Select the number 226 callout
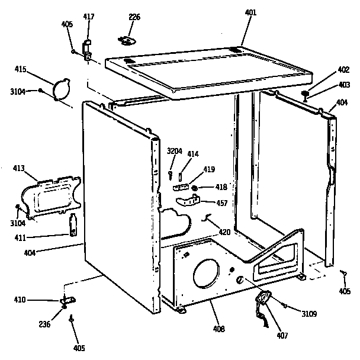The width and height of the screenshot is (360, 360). tap(134, 17)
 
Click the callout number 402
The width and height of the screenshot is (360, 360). tap(326, 70)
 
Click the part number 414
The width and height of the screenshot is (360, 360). tap(193, 154)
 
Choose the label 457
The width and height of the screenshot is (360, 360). tap(222, 203)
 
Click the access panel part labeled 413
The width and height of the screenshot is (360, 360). tap(53, 193)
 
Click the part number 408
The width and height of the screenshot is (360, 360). tap(219, 328)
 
